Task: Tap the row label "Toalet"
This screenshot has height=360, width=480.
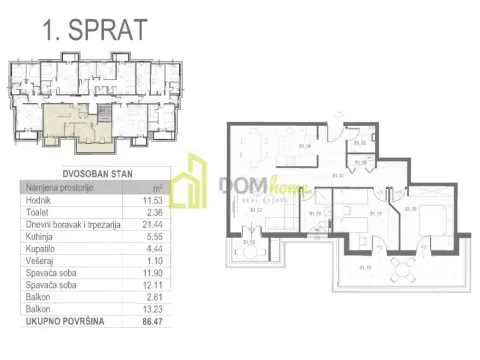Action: pos(35,215)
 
